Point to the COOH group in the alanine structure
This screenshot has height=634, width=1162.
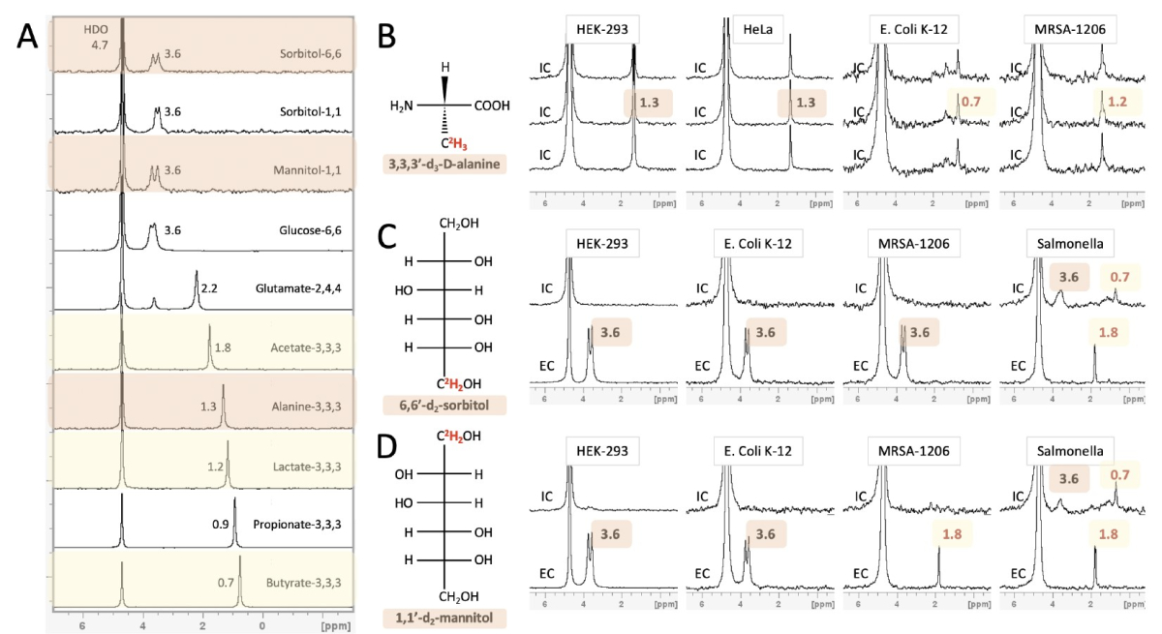pos(492,105)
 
